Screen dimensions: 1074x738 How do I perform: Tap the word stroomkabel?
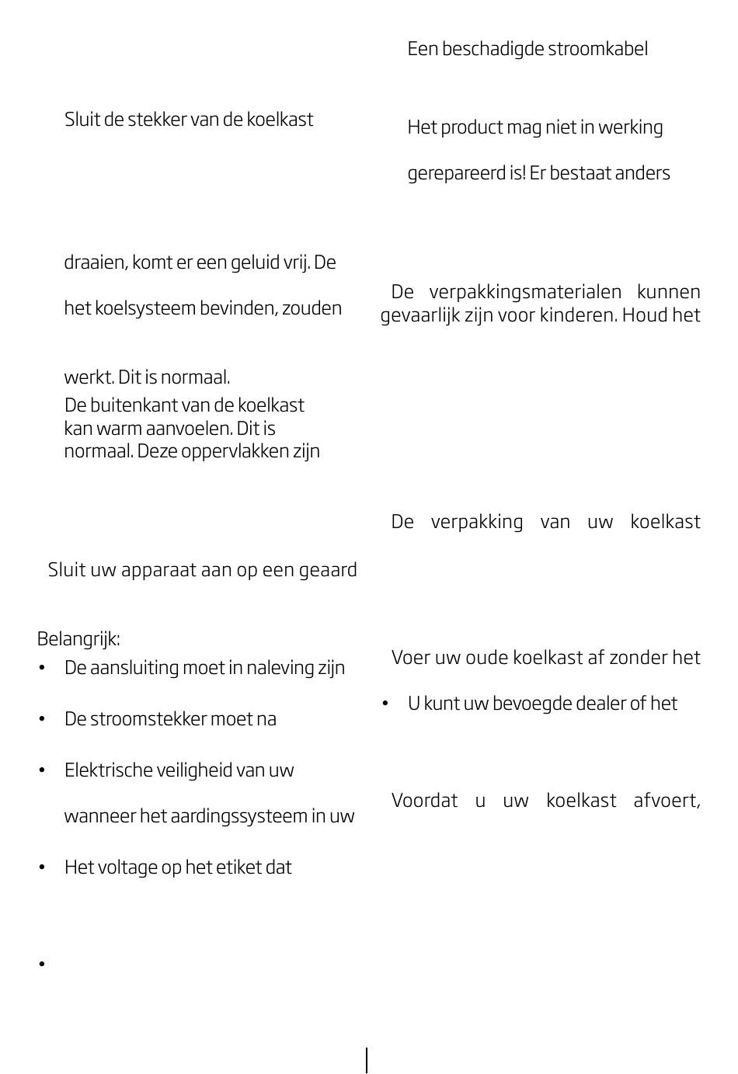[x=597, y=49]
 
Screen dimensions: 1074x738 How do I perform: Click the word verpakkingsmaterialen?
[x=525, y=292]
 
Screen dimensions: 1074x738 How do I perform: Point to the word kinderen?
[x=577, y=315]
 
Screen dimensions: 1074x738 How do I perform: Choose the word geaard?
[x=325, y=570]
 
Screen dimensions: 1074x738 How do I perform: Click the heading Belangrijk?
[x=78, y=639]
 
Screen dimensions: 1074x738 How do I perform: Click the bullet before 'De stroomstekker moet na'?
[x=42, y=719]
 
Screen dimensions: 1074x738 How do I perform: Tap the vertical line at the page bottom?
[x=367, y=1060]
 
